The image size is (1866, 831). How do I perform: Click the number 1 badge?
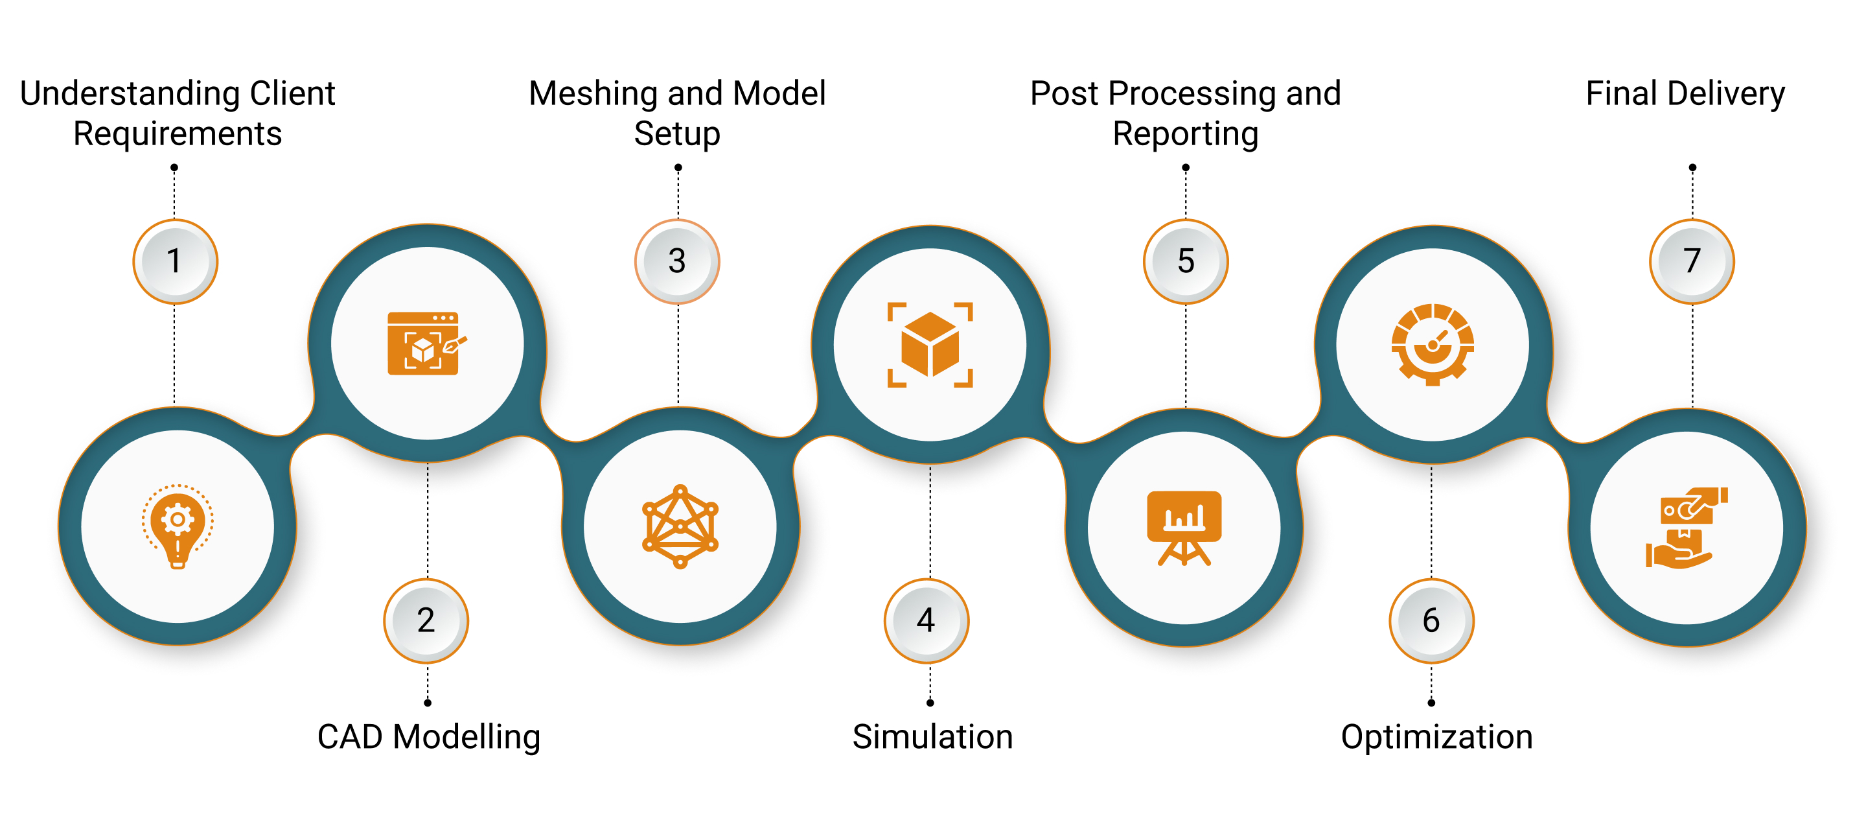coord(174,261)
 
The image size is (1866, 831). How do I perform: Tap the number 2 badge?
coord(426,620)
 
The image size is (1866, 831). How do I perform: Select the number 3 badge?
coord(677,261)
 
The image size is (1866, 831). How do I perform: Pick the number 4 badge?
coord(926,620)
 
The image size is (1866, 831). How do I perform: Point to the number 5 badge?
coord(1186,261)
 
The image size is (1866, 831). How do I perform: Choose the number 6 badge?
coord(1431,620)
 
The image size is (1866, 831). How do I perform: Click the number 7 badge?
coord(1692,261)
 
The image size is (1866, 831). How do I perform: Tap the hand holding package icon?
coord(1687,528)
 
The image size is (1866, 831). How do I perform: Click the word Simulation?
coord(932,737)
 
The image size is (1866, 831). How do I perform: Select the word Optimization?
coord(1436,737)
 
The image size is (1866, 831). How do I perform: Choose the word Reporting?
coord(1185,135)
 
